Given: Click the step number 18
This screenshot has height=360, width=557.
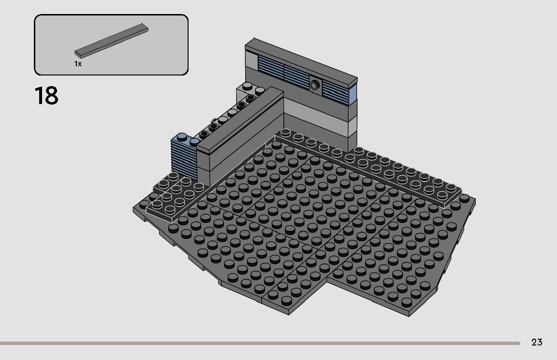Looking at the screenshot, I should coord(46,96).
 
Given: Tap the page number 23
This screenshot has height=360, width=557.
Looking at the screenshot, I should coord(537,343).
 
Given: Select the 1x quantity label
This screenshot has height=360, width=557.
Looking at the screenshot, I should coord(78,64).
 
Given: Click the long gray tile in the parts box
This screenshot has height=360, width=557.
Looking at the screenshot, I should coord(111,41).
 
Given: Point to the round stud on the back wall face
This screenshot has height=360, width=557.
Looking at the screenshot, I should coord(315,85).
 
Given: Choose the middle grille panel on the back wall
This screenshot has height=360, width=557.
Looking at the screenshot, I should coord(296,76).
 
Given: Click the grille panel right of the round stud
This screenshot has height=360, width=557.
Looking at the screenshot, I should coord(335,91).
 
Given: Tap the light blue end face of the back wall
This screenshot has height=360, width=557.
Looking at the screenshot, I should coord(352,95).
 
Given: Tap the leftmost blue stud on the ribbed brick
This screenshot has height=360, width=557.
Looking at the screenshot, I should coord(182,137).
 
